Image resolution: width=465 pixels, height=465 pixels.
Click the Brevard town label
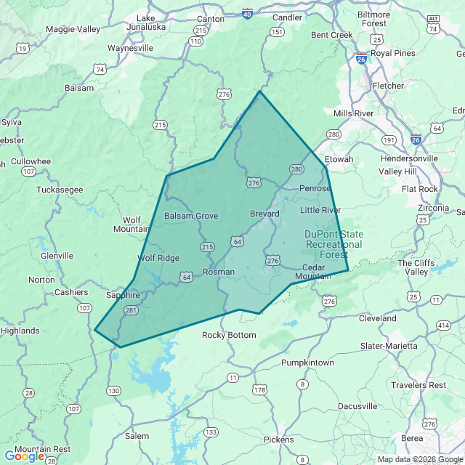click(x=264, y=214)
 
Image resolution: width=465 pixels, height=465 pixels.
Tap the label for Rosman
click(x=219, y=272)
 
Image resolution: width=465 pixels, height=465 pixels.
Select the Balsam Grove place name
click(x=191, y=216)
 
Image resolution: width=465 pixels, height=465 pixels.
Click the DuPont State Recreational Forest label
click(x=333, y=244)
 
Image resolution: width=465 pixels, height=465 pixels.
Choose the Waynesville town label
click(x=131, y=48)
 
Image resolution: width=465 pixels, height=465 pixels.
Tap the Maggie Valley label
click(x=73, y=29)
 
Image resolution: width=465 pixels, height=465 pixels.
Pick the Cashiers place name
click(x=71, y=292)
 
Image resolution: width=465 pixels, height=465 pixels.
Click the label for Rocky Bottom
click(x=229, y=335)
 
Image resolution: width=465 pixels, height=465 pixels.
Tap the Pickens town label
click(x=279, y=440)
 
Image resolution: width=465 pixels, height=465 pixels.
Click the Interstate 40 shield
click(x=248, y=14)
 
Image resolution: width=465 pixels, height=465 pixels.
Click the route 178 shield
click(x=259, y=390)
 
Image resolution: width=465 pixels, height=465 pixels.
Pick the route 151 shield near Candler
click(x=276, y=32)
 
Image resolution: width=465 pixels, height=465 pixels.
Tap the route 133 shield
click(x=211, y=432)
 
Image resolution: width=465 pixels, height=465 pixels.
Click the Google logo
click(x=24, y=456)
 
